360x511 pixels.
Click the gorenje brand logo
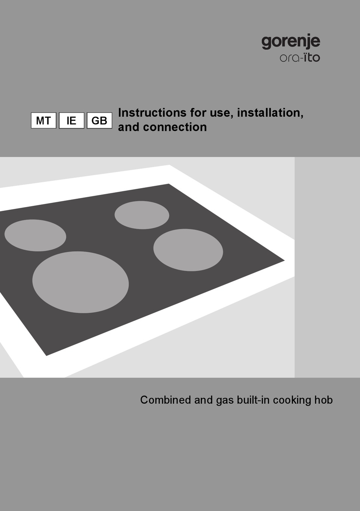tap(291, 41)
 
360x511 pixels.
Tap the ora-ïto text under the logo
tap(300, 58)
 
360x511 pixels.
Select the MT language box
tap(44, 121)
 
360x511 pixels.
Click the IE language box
tap(71, 121)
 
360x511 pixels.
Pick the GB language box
tap(99, 121)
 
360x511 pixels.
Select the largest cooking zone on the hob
tap(80, 282)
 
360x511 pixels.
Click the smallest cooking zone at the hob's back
tap(142, 215)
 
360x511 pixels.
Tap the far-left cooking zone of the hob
tap(35, 235)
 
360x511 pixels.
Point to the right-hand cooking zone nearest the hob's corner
tap(188, 250)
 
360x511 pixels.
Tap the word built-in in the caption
tap(253, 400)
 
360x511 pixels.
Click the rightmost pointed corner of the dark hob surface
tap(284, 260)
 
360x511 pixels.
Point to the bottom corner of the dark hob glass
tap(47, 355)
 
